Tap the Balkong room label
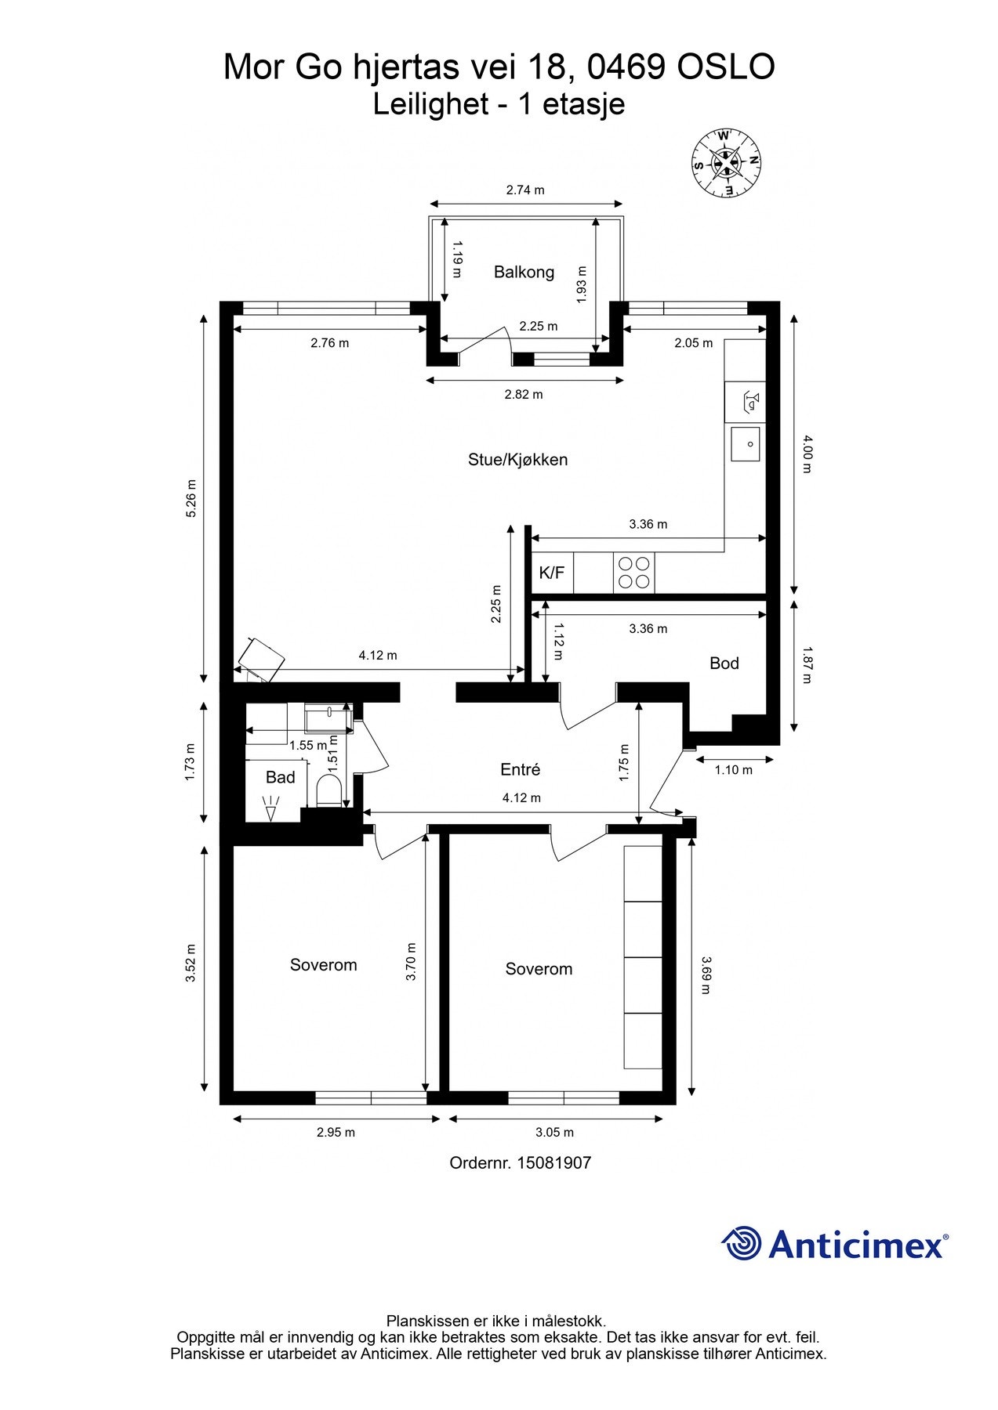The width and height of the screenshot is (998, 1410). click(x=524, y=272)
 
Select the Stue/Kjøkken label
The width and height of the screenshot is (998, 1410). click(x=517, y=460)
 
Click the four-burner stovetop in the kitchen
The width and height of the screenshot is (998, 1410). click(x=634, y=573)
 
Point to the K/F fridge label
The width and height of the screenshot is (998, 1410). click(x=551, y=573)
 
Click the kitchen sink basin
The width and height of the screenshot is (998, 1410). click(x=746, y=444)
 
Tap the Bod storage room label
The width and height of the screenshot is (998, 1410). click(x=724, y=663)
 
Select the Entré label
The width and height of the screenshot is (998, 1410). click(x=521, y=770)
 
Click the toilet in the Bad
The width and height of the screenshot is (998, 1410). click(x=329, y=791)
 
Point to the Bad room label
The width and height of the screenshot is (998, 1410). click(x=280, y=777)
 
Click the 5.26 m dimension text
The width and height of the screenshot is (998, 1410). click(x=191, y=498)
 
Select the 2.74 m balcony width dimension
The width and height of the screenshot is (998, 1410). click(x=525, y=190)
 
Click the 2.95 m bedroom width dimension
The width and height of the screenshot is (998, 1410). click(x=336, y=1132)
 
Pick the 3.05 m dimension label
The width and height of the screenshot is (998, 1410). click(x=554, y=1132)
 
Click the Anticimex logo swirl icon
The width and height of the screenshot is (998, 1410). click(x=742, y=1243)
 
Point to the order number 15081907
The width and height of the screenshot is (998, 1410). click(x=553, y=1162)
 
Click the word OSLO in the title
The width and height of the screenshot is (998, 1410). click(x=726, y=67)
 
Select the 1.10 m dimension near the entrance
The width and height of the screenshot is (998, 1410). click(x=733, y=770)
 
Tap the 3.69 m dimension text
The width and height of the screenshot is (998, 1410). click(x=706, y=974)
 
